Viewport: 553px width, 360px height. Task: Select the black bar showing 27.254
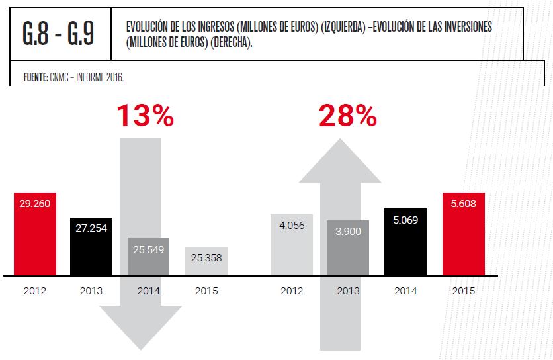coord(91,246)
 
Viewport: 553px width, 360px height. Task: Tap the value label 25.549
coord(148,250)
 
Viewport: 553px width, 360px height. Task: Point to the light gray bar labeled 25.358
coord(206,257)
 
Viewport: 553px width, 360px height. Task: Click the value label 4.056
coord(291,226)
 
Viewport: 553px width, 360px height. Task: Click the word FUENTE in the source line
coord(35,77)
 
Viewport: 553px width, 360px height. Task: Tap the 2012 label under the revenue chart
coord(35,291)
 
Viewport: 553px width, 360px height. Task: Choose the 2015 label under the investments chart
coord(463,291)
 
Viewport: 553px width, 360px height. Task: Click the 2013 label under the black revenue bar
coord(91,291)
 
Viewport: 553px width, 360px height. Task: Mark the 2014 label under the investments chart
coord(405,291)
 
